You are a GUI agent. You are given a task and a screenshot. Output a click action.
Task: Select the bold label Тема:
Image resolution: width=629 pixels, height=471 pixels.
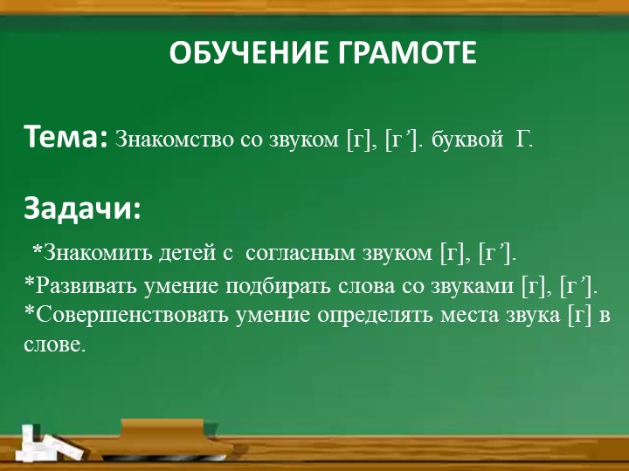(66, 137)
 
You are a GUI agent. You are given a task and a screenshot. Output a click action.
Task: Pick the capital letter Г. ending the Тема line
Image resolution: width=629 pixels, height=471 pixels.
(524, 140)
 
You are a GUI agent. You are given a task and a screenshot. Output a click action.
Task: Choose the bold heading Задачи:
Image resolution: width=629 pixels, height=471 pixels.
(82, 209)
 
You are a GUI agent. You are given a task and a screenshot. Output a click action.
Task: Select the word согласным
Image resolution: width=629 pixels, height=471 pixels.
(300, 253)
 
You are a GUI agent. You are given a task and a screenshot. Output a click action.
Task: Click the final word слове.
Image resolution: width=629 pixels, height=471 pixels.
(54, 345)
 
